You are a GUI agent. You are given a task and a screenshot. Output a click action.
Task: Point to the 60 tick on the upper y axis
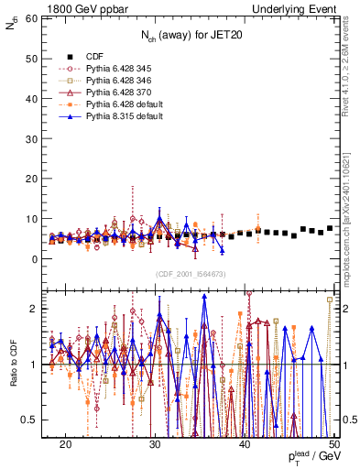pyautogui.click(x=34, y=18)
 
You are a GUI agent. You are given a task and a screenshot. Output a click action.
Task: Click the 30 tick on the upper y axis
pyautogui.click(x=34, y=138)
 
